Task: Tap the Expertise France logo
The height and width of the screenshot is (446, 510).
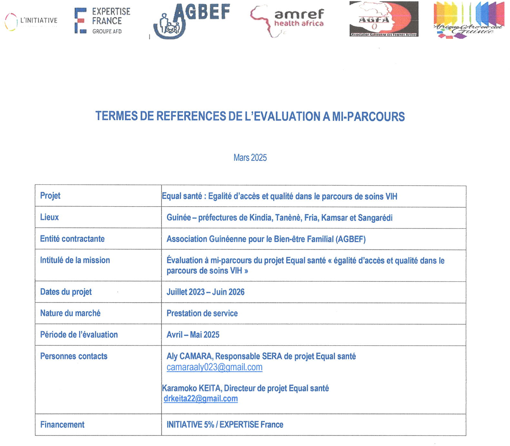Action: [x=103, y=21]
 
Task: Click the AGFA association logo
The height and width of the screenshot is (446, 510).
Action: [x=384, y=19]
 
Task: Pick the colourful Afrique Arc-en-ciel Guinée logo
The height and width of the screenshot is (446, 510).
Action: [x=468, y=20]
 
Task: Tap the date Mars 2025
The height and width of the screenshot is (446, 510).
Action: [x=250, y=158]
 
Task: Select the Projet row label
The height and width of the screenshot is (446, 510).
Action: [x=50, y=196]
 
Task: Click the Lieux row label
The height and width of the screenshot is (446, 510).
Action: [x=49, y=217]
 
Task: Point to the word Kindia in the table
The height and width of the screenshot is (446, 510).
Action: [x=261, y=218]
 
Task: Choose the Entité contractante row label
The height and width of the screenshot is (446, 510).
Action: [x=72, y=239]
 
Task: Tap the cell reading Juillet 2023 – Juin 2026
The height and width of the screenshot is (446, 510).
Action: [x=206, y=292]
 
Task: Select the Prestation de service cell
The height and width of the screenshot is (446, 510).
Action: [x=202, y=313]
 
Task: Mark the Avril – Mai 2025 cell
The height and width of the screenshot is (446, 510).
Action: [x=193, y=335]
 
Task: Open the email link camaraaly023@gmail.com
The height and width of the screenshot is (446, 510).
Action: [x=215, y=367]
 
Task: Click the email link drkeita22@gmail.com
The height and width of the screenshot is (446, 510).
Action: [x=201, y=399]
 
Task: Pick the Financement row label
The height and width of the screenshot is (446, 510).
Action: [x=62, y=425]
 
